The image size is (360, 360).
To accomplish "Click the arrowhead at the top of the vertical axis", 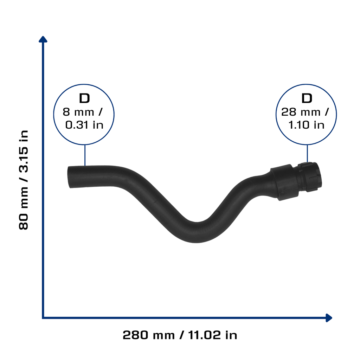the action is tap(43, 39).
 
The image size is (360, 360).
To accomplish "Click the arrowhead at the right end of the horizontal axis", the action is tap(329, 318).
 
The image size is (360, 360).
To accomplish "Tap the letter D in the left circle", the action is tap(84, 98).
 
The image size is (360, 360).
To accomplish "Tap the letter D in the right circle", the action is tap(307, 98).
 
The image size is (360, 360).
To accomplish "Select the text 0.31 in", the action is tap(84, 125).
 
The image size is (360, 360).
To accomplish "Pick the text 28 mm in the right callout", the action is tap(301, 112).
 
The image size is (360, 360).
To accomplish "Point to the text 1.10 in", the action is tap(306, 125).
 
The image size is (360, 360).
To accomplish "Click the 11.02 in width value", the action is tap(213, 335).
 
